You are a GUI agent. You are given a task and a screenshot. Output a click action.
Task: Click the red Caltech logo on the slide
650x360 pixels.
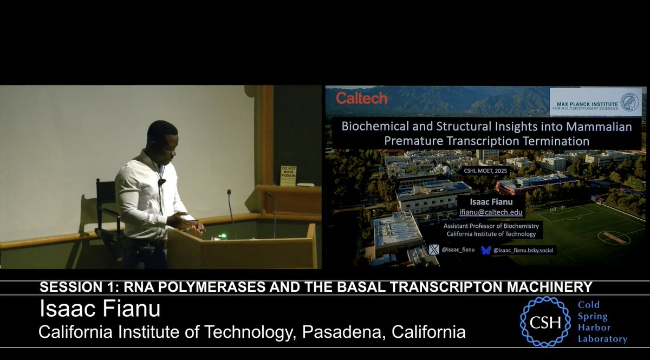click(x=361, y=98)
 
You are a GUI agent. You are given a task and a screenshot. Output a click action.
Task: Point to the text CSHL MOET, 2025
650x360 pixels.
click(x=486, y=170)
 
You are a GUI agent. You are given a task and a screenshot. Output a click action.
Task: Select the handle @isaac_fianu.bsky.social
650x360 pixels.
click(x=523, y=250)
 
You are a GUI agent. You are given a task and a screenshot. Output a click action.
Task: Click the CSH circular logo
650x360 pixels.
click(x=545, y=321)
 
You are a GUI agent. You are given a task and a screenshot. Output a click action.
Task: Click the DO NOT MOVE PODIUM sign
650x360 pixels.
click(x=288, y=175)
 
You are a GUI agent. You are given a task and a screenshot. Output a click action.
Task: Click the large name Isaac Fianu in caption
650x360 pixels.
click(x=100, y=310)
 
